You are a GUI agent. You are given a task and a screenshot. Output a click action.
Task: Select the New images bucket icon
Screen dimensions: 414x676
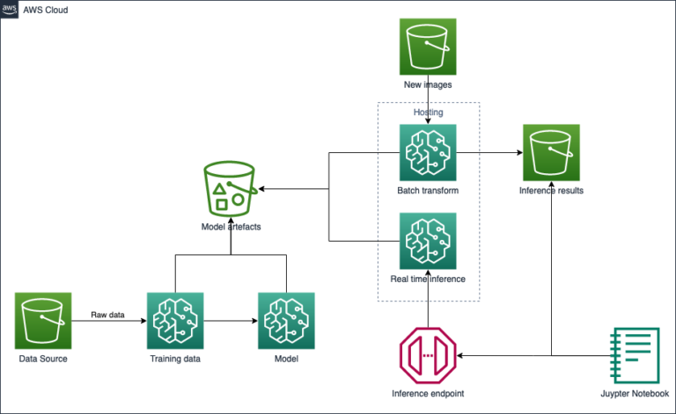click(x=428, y=49)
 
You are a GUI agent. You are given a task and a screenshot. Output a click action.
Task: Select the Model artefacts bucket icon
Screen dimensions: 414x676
click(x=231, y=188)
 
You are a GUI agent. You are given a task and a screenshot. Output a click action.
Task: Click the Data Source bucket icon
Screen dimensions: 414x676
click(x=43, y=321)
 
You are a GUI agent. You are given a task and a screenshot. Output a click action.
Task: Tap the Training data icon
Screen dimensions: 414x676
click(x=176, y=321)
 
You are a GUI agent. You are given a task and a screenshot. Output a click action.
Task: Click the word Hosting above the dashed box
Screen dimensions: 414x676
click(x=428, y=113)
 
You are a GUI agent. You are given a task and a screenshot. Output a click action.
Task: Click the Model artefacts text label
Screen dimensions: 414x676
click(x=231, y=227)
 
